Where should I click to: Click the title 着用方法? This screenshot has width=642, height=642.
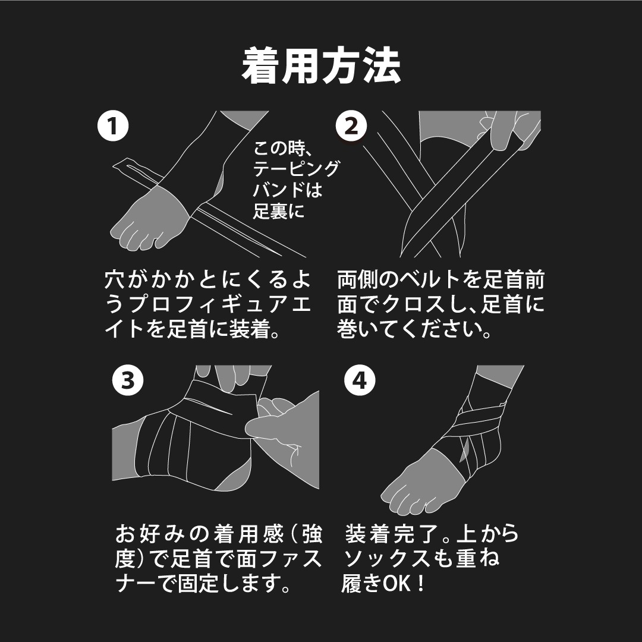click(x=321, y=66)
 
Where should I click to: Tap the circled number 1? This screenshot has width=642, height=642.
click(x=113, y=126)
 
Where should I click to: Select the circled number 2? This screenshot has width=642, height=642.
click(x=351, y=126)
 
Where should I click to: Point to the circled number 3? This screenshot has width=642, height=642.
click(x=128, y=380)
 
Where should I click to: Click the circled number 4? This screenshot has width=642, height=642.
click(x=360, y=380)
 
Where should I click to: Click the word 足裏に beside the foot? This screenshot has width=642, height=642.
click(x=279, y=211)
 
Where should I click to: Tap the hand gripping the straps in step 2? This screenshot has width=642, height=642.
click(x=508, y=130)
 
